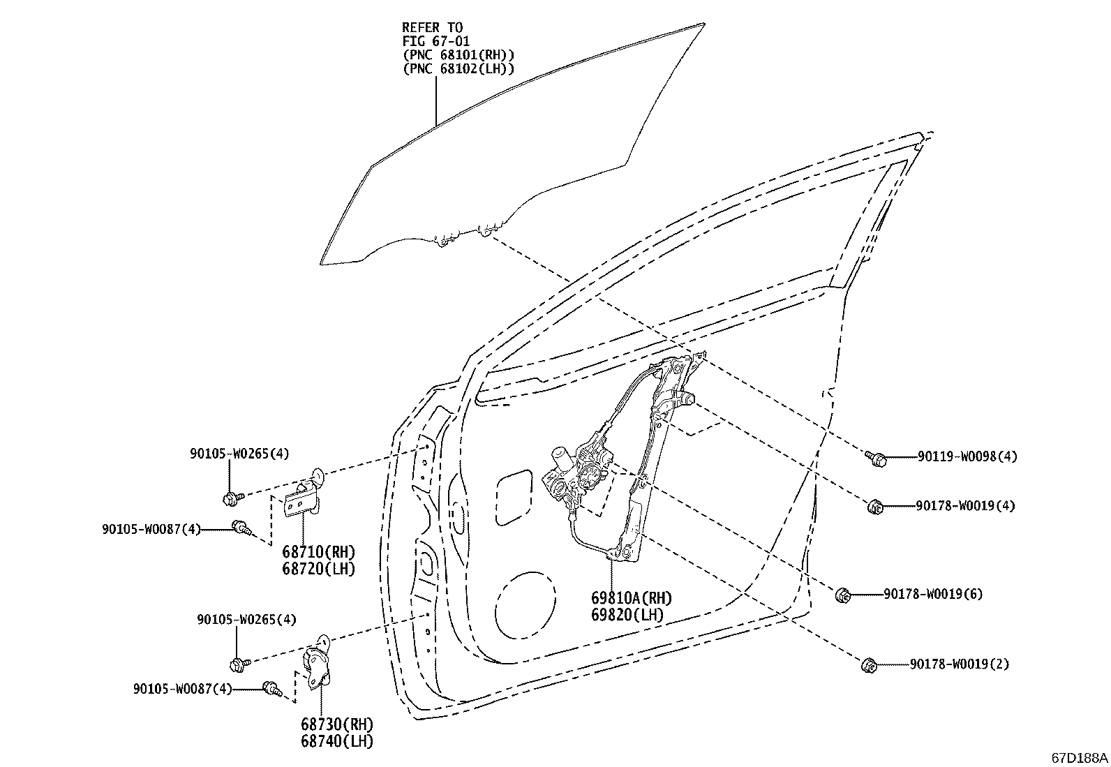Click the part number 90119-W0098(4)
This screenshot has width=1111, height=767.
967,456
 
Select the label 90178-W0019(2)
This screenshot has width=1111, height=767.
960,664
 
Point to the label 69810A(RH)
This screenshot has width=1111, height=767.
632,598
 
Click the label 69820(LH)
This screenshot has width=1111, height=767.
627,615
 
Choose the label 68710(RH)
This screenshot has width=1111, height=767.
319,551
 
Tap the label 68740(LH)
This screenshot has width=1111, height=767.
337,741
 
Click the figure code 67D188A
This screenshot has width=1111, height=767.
1080,758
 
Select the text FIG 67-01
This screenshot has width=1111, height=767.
436,41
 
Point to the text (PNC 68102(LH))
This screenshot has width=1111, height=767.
458,68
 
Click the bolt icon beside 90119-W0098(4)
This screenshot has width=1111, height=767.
876,459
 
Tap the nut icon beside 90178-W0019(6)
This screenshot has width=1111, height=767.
843,595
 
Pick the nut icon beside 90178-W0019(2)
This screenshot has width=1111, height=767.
870,665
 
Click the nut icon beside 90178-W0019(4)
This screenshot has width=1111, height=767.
875,507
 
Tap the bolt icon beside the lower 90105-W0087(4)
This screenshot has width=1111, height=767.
272,689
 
